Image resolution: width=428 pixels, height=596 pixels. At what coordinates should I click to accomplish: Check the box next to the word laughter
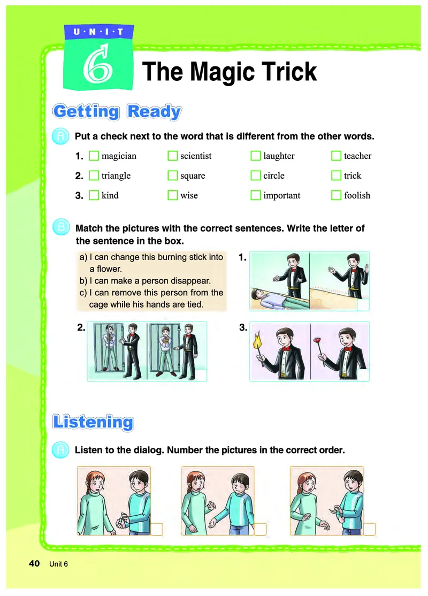click(255, 156)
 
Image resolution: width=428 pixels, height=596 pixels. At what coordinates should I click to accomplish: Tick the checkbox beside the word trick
click(336, 175)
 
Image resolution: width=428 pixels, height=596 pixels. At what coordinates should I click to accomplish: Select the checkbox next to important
click(255, 195)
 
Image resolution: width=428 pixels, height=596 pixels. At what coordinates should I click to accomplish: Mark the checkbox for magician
click(94, 156)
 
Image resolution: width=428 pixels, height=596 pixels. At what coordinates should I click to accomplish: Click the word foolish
click(357, 195)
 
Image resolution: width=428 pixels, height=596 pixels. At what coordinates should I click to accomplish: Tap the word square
click(193, 176)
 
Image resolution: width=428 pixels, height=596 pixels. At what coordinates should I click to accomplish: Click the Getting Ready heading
click(117, 112)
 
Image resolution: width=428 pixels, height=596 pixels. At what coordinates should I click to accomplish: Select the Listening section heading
click(93, 422)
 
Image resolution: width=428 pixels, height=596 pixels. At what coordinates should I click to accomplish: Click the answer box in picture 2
click(201, 375)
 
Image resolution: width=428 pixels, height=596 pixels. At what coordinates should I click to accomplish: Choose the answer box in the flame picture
click(363, 375)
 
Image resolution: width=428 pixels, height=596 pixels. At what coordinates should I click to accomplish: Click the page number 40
click(34, 563)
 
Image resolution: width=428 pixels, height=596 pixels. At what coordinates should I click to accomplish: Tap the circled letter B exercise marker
click(61, 227)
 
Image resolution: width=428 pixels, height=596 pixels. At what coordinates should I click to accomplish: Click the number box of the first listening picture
click(157, 529)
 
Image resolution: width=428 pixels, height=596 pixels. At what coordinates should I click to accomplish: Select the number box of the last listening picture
click(370, 529)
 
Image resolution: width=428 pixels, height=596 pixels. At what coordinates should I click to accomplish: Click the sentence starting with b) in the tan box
click(145, 281)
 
